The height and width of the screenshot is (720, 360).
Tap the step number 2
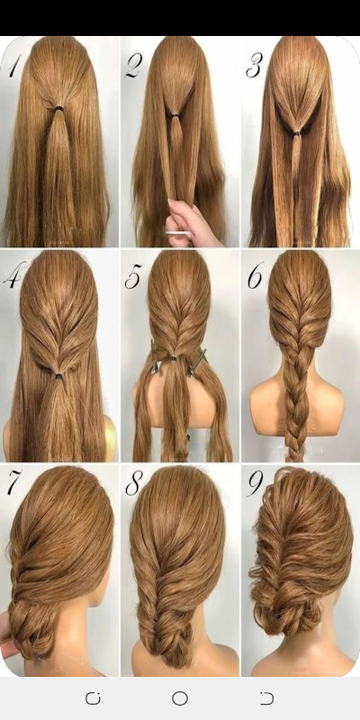(x=133, y=65)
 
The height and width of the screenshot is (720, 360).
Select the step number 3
(x=254, y=66)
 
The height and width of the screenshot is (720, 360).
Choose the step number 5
(x=133, y=277)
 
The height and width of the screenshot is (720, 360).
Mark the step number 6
(x=256, y=275)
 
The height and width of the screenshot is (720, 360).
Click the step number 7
(x=14, y=483)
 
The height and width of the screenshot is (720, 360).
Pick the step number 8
(x=133, y=484)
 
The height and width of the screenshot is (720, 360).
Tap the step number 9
(x=255, y=483)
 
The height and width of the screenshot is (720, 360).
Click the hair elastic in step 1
(x=59, y=108)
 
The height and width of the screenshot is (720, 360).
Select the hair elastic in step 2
(x=175, y=114)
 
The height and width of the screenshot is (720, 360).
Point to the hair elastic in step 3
(x=297, y=133)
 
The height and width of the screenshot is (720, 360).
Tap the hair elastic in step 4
(x=59, y=376)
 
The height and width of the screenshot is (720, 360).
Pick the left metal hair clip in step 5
(x=155, y=355)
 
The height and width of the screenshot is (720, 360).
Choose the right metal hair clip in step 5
(x=197, y=362)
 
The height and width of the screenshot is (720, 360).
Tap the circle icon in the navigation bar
(x=180, y=698)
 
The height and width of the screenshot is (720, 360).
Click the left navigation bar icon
(x=93, y=698)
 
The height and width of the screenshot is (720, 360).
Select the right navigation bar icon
(x=266, y=698)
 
